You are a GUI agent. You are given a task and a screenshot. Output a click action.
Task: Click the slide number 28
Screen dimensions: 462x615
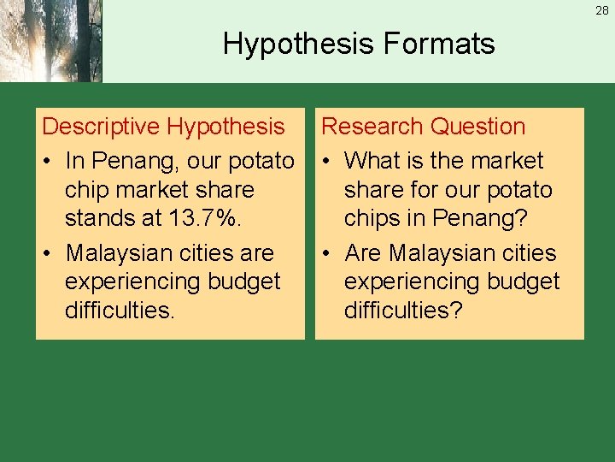602,11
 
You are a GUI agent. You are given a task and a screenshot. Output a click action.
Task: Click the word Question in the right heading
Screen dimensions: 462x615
477,127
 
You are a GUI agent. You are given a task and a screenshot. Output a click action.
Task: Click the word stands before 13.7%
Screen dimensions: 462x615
101,219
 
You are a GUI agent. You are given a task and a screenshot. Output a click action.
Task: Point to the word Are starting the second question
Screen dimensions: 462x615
364,253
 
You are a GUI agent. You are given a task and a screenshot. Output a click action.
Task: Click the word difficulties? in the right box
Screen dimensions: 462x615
403,310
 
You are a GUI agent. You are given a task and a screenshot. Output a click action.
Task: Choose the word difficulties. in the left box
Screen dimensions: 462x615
120,310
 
